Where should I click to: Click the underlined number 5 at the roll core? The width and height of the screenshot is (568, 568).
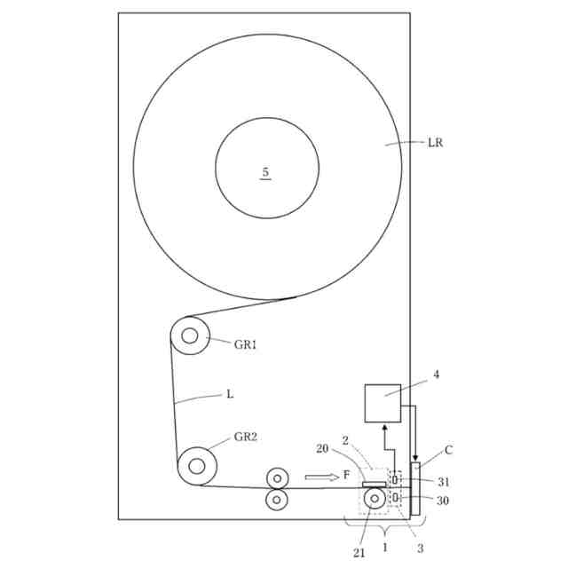(265, 172)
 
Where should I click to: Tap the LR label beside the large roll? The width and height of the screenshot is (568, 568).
(435, 142)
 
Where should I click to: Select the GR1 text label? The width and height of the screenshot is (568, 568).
(245, 344)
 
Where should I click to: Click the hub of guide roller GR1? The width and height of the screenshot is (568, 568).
(189, 335)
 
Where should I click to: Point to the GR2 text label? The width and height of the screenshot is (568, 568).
(246, 437)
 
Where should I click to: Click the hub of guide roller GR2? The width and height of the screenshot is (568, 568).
(197, 466)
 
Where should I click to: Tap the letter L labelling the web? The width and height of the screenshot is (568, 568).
(230, 394)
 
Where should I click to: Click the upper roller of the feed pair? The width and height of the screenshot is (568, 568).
(278, 478)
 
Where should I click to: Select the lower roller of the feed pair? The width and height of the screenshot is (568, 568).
(277, 500)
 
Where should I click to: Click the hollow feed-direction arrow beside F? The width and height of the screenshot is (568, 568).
(321, 477)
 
